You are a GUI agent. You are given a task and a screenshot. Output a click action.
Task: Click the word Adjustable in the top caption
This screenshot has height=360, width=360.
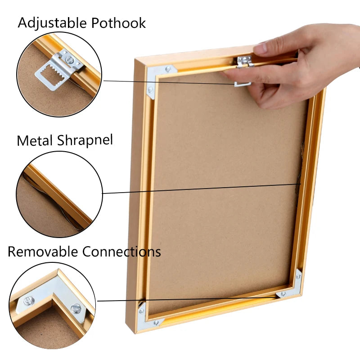click(52, 23)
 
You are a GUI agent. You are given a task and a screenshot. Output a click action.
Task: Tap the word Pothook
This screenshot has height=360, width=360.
click(118, 23)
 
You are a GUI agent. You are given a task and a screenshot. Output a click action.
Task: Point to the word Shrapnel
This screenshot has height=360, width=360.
click(85, 140)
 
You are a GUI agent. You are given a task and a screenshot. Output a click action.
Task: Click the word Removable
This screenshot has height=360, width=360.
click(43, 252)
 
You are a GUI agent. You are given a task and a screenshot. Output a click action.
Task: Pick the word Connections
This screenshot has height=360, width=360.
click(121, 252)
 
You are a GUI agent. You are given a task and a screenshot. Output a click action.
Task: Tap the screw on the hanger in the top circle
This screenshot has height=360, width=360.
click(70, 60)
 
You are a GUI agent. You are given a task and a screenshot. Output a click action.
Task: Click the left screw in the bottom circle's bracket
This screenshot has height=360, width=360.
click(29, 301)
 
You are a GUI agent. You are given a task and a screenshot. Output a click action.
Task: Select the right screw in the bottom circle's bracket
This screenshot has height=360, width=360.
click(76, 309)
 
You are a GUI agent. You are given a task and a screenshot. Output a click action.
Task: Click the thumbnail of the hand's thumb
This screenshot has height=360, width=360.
click(260, 49)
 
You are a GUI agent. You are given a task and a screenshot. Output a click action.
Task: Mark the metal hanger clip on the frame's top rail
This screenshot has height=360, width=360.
click(245, 62)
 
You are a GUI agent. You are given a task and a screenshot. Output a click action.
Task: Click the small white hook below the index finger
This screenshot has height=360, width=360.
click(243, 84)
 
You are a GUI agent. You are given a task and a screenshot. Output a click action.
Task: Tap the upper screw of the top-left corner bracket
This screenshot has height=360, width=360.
click(168, 68)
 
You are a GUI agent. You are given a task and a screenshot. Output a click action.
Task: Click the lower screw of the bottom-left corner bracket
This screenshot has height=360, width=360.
click(156, 323)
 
